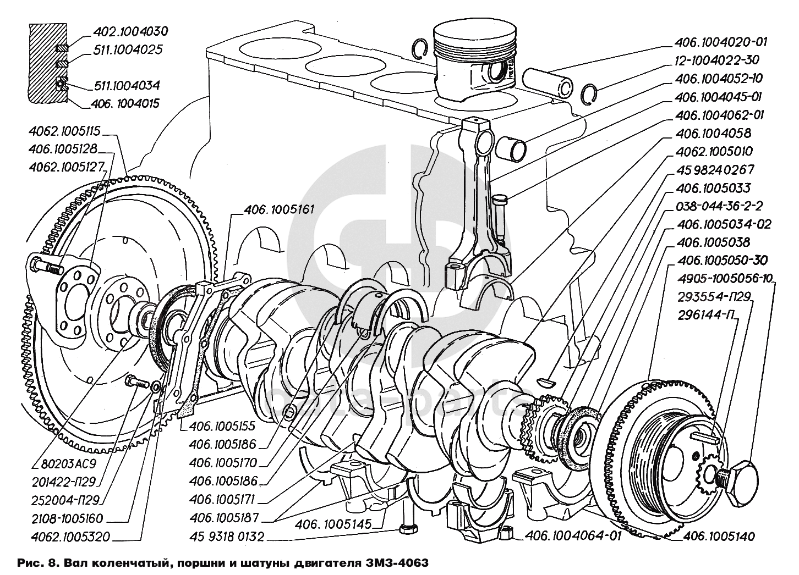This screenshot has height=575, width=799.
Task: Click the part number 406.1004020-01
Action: coord(720,42)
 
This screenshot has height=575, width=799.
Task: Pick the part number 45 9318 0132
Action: coord(227,537)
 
